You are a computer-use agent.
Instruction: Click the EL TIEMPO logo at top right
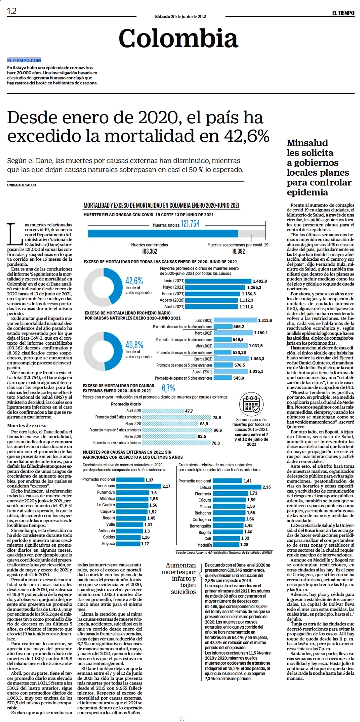pyautogui.click(x=343, y=13)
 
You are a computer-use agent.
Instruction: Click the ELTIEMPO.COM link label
pyautogui.click(x=24, y=60)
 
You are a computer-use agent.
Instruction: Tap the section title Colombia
pyautogui.click(x=178, y=38)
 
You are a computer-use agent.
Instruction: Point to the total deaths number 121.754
pyautogui.click(x=190, y=224)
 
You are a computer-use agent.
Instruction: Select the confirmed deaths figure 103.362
pyautogui.click(x=149, y=251)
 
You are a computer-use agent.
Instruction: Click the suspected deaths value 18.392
pyautogui.click(x=238, y=251)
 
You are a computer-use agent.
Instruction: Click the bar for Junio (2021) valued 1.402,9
pyautogui.click(x=218, y=281)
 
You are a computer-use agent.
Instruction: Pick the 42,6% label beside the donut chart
pyautogui.click(x=134, y=281)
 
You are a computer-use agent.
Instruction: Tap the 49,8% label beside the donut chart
pyautogui.click(x=134, y=345)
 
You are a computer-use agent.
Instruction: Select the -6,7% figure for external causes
pyautogui.click(x=167, y=388)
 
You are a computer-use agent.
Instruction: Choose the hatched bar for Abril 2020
pyautogui.click(x=162, y=411)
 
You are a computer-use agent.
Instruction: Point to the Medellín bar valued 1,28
pyautogui.click(x=226, y=545)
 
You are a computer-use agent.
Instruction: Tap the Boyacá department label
pyautogui.click(x=109, y=544)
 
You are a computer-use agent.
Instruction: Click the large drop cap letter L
pyautogui.click(x=15, y=234)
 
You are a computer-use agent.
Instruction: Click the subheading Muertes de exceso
pyautogui.click(x=27, y=425)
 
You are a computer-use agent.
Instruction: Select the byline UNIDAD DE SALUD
pyautogui.click(x=22, y=185)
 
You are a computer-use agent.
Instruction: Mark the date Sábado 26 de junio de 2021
pyautogui.click(x=181, y=17)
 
